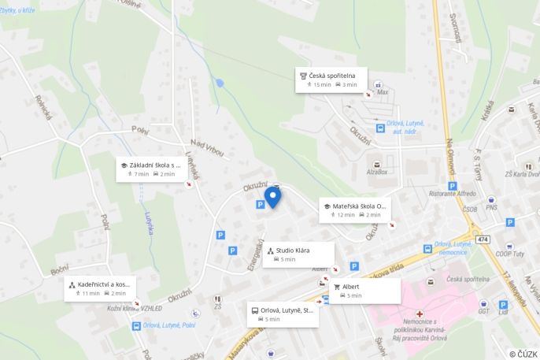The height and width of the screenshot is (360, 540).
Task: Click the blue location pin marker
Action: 272,196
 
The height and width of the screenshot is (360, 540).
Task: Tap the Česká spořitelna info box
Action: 331,80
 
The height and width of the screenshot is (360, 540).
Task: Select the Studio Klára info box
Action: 299,254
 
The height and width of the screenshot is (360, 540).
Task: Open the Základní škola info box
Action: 154,169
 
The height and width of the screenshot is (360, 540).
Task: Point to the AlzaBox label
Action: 377,171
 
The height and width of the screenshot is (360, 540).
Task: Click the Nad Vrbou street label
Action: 208,147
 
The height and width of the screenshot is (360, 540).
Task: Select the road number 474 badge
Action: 482,239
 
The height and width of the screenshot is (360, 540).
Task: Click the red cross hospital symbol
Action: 420,314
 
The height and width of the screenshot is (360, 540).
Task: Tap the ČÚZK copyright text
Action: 523,354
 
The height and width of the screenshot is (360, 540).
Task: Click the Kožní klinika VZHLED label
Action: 135,308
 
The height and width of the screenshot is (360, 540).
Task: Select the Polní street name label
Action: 140,130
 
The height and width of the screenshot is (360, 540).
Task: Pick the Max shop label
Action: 383,92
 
